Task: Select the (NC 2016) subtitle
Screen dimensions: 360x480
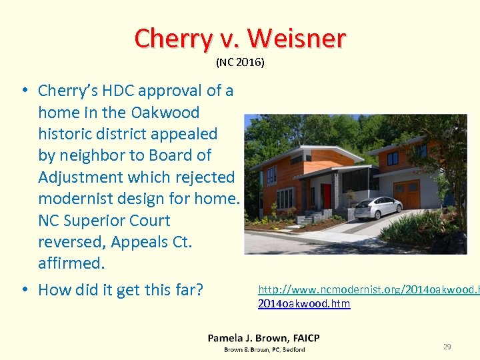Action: [240, 63]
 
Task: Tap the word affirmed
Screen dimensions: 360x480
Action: [71, 263]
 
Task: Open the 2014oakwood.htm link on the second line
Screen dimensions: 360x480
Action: [303, 303]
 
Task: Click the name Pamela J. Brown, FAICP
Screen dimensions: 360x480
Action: [263, 338]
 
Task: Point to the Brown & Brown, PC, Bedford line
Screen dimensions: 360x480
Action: [264, 349]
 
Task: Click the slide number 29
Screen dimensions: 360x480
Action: [447, 346]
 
